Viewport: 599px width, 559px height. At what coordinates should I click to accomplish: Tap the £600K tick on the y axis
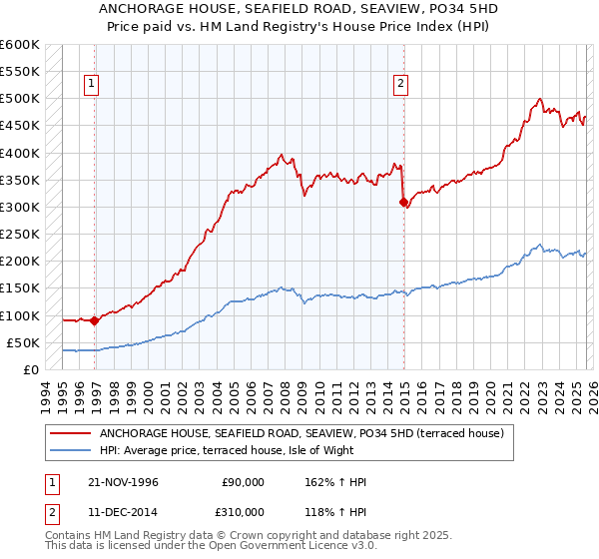click(19, 45)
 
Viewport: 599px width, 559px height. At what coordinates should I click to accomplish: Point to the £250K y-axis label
click(19, 235)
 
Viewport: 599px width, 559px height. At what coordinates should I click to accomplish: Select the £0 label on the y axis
click(31, 369)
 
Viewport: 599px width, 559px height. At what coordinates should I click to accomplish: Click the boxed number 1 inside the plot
click(91, 85)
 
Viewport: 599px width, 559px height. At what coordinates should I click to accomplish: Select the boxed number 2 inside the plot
click(400, 85)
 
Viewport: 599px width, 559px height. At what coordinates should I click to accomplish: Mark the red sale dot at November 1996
click(94, 320)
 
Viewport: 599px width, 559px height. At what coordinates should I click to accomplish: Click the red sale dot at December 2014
click(404, 202)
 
